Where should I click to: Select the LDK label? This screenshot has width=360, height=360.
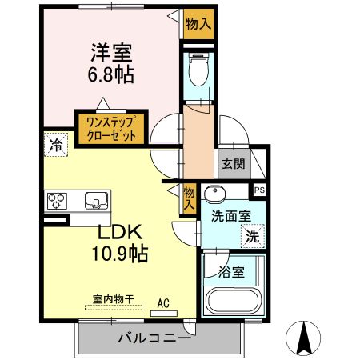(121, 232)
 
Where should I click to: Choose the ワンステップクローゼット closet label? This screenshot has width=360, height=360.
(110, 129)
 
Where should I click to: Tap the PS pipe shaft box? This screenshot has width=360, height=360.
(259, 190)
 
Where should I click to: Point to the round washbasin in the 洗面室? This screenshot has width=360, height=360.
(214, 194)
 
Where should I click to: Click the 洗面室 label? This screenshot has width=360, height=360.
(230, 216)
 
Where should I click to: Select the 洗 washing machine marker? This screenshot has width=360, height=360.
(253, 236)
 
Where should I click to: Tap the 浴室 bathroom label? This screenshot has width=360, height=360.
(232, 272)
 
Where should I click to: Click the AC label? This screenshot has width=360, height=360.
(163, 302)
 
